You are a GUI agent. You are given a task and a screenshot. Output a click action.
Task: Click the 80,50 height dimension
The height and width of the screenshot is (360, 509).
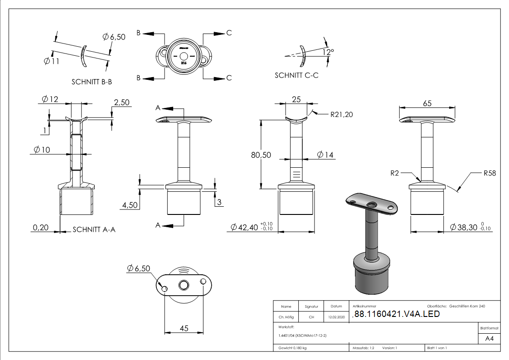tap(261, 155)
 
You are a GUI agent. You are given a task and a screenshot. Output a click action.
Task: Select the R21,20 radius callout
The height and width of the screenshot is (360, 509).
tap(342, 114)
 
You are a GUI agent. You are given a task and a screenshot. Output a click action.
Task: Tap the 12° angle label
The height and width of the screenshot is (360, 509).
tap(328, 53)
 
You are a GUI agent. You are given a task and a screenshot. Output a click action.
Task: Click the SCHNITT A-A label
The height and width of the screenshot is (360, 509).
tap(94, 230)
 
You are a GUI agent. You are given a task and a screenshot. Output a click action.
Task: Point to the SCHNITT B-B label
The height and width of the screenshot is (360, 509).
tap(92, 82)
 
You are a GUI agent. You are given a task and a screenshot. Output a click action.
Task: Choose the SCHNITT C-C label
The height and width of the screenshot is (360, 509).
tap(296, 75)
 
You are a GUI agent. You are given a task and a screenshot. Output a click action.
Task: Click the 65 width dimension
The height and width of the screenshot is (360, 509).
tap(427, 103)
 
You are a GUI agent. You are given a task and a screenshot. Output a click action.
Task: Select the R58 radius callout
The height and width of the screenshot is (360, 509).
tap(490, 173)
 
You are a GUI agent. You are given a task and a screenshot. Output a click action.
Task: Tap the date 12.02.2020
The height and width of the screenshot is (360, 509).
tap(336, 317)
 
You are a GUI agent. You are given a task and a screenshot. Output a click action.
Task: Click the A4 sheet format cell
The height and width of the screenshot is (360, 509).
tap(489, 338)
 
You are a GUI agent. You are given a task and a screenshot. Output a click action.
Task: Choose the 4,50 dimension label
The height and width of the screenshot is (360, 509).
tap(130, 205)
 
